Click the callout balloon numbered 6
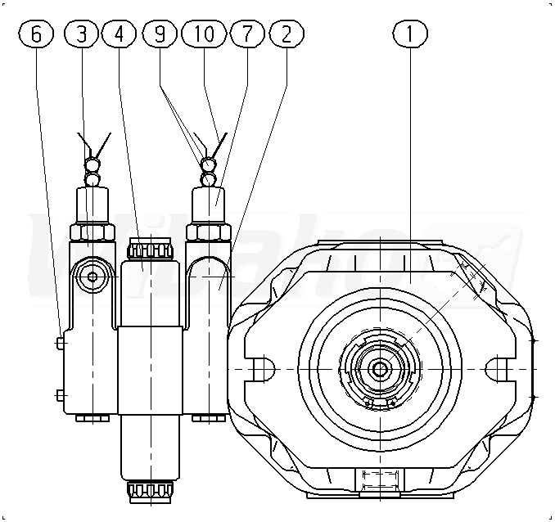[x=35, y=34]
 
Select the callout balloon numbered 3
[x=81, y=34]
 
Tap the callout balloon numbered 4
[x=120, y=34]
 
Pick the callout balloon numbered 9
[x=159, y=34]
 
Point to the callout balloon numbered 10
[x=203, y=34]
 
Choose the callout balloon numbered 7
[x=246, y=34]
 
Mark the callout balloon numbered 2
[x=286, y=34]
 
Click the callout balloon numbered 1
[x=410, y=34]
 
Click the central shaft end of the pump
[x=380, y=369]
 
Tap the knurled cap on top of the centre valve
[x=151, y=248]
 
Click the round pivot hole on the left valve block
[x=92, y=277]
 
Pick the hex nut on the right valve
[x=208, y=232]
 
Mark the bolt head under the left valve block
[x=92, y=419]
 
